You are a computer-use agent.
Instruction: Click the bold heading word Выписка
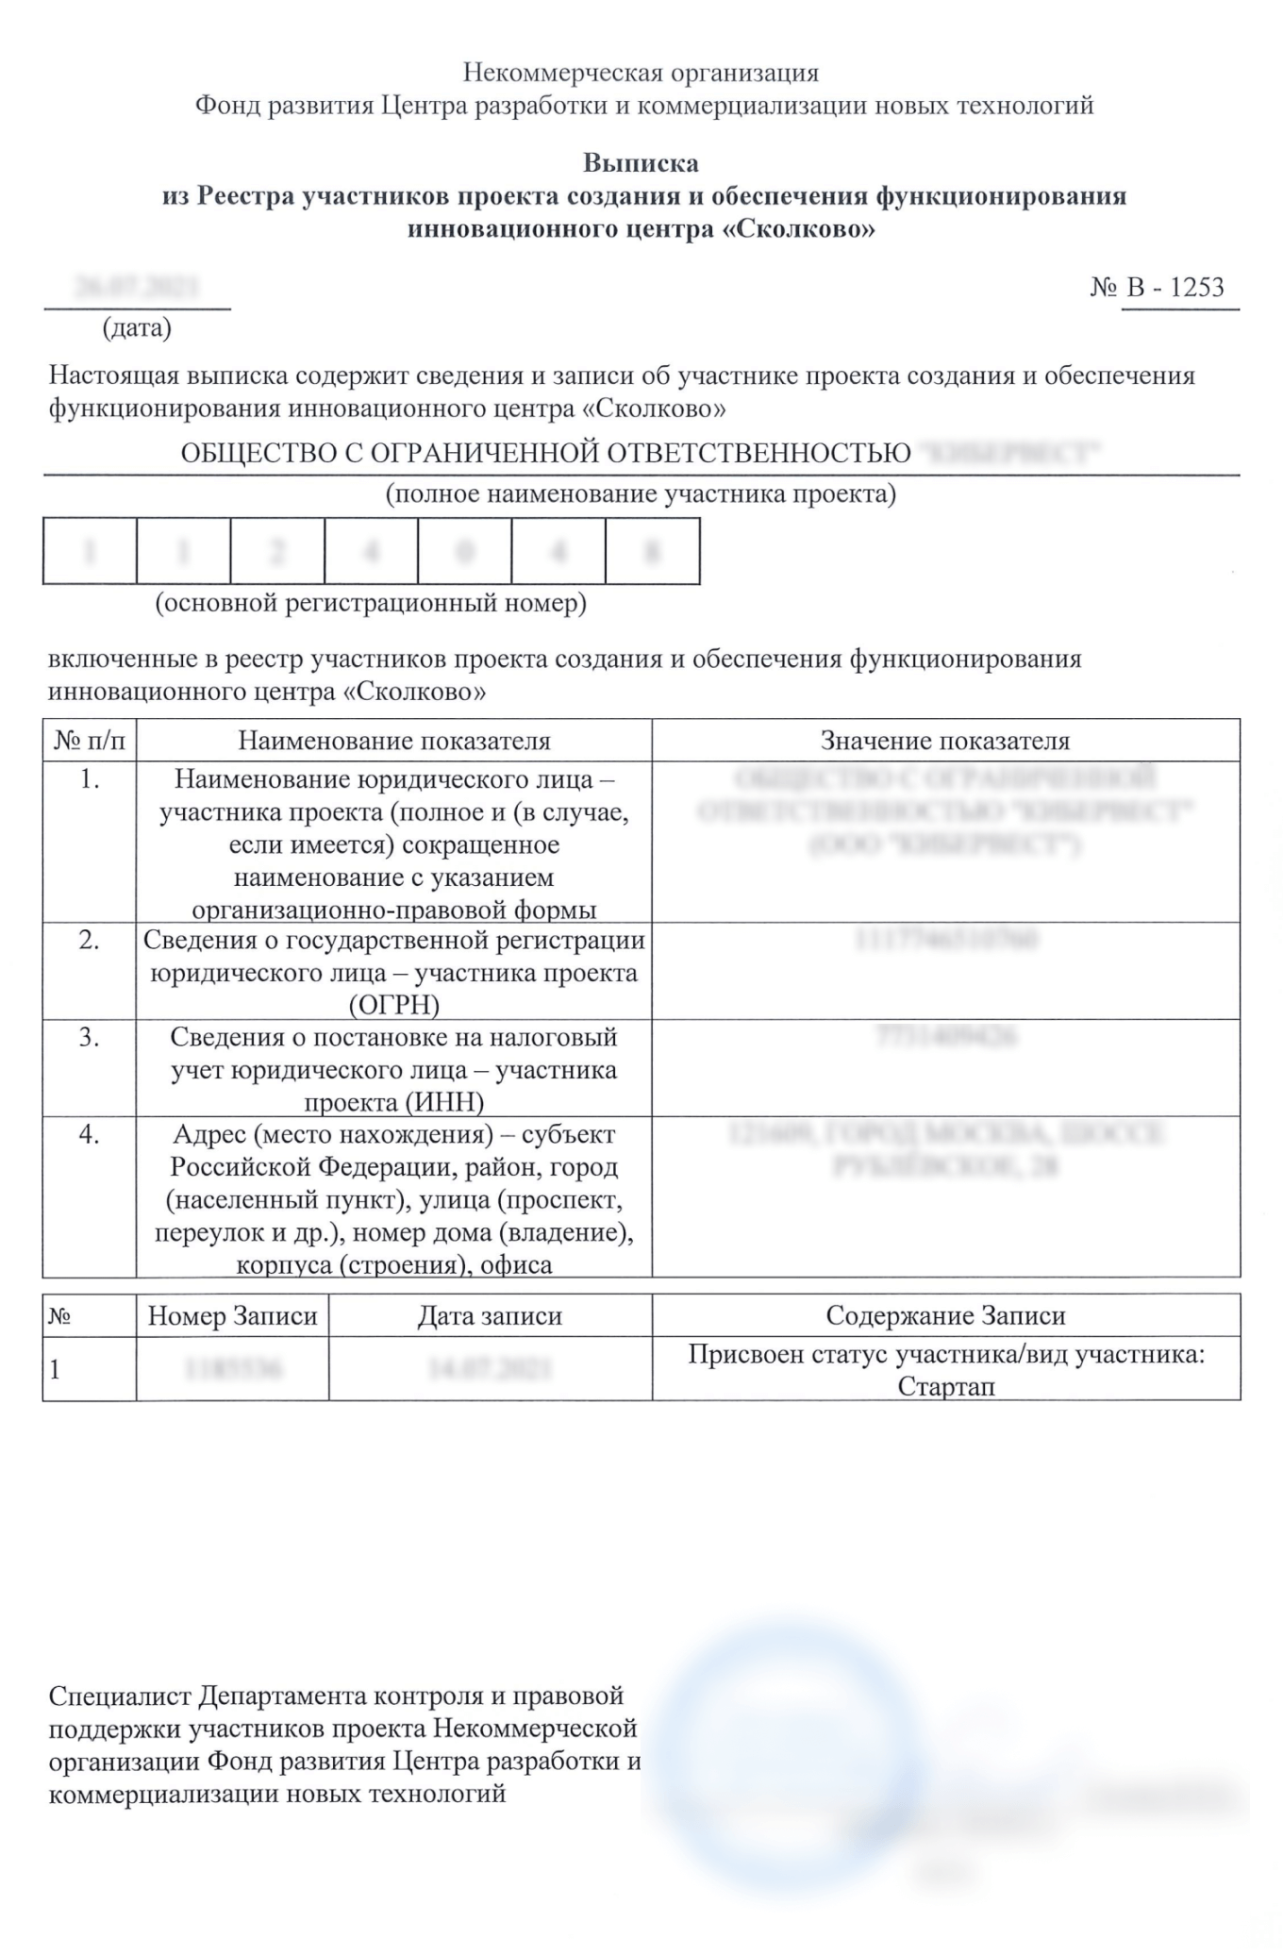click(x=641, y=163)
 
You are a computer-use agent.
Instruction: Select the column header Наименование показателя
click(x=393, y=741)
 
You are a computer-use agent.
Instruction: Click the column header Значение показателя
click(x=945, y=741)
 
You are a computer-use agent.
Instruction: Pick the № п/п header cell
click(x=90, y=741)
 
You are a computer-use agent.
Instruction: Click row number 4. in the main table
click(x=90, y=1135)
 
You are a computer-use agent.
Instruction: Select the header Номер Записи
click(x=232, y=1316)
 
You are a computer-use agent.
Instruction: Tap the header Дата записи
click(x=490, y=1316)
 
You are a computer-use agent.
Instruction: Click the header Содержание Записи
click(x=945, y=1316)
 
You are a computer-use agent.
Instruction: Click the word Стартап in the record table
click(x=945, y=1387)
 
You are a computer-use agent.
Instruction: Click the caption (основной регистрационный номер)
click(x=371, y=603)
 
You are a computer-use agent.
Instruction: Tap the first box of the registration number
click(x=90, y=551)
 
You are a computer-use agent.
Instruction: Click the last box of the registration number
click(x=652, y=551)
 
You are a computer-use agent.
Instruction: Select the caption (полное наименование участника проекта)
click(x=641, y=493)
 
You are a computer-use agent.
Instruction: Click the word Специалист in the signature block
click(x=120, y=1696)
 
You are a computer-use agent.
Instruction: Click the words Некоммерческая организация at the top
click(x=641, y=73)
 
